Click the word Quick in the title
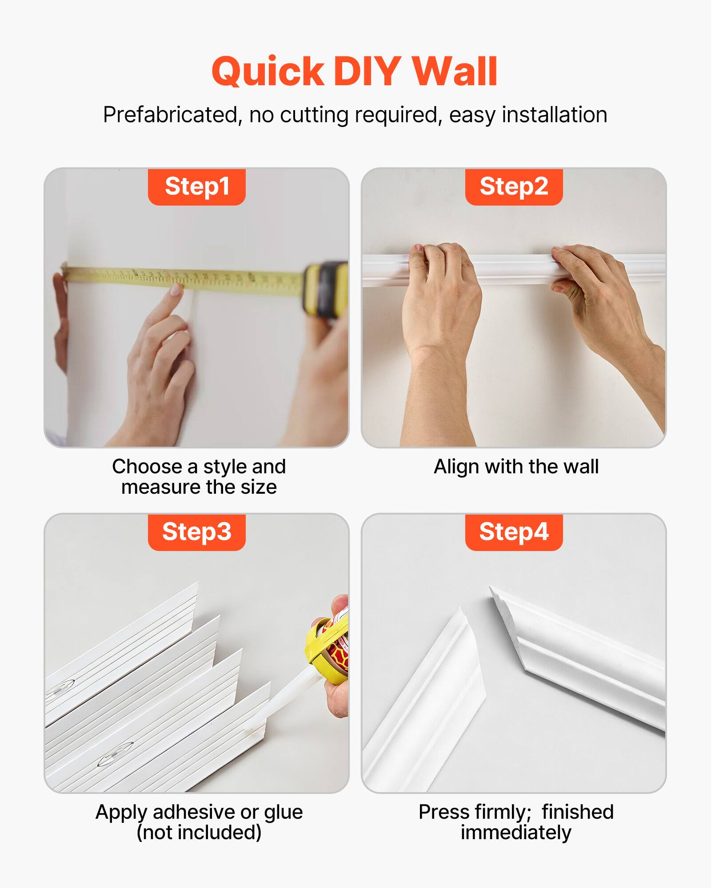[x=268, y=72]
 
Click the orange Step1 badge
[x=197, y=186]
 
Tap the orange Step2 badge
[x=514, y=186]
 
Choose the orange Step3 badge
[x=197, y=532]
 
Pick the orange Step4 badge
[x=514, y=532]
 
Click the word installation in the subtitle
[x=554, y=115]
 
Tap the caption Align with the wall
[x=516, y=467]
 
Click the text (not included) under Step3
[x=199, y=832]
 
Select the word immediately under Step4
[x=515, y=832]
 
